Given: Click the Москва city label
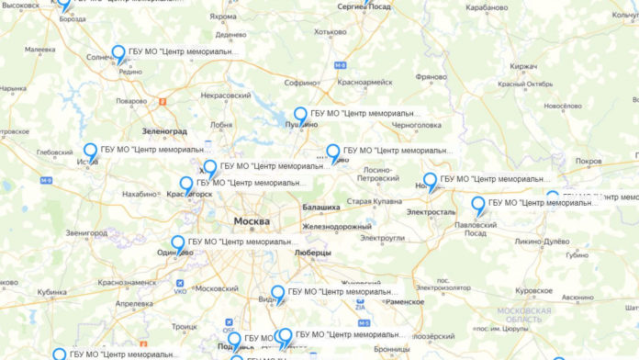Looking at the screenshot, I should (252, 221).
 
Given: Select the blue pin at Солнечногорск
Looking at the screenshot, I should (118, 53).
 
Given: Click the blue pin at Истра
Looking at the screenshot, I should (90, 151).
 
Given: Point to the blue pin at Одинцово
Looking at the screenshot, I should (178, 243).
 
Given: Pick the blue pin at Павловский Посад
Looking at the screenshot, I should (477, 205).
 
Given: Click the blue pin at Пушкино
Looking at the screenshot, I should (300, 115).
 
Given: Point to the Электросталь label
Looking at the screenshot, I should (432, 211).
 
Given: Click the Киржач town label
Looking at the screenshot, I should (524, 67).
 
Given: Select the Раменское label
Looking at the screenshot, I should (405, 301).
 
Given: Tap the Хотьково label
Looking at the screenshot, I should (331, 32).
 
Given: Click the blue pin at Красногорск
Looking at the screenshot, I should (186, 186).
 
